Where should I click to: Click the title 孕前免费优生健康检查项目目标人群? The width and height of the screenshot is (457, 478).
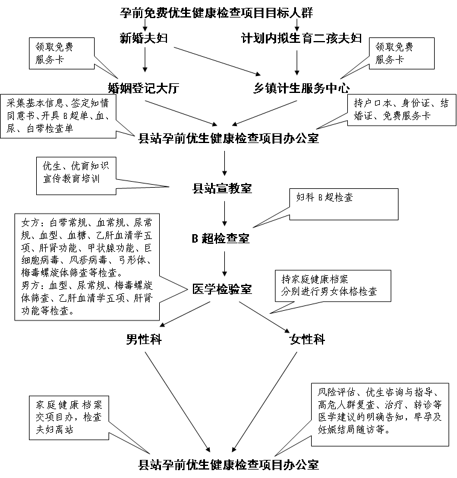tap(217, 11)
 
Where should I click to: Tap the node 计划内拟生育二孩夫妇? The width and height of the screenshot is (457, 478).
tap(301, 39)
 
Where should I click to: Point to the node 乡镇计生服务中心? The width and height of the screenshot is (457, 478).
tap(301, 88)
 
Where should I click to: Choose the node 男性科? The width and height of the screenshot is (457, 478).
tap(143, 339)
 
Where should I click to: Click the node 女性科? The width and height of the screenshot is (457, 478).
tap(307, 339)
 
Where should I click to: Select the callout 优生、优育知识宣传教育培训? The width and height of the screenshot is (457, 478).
tap(75, 172)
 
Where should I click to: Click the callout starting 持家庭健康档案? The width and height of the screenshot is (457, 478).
tap(329, 285)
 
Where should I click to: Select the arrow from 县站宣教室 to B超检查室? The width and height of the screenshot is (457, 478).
tap(224, 213)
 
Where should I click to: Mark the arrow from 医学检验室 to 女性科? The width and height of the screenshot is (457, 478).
tap(266, 314)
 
